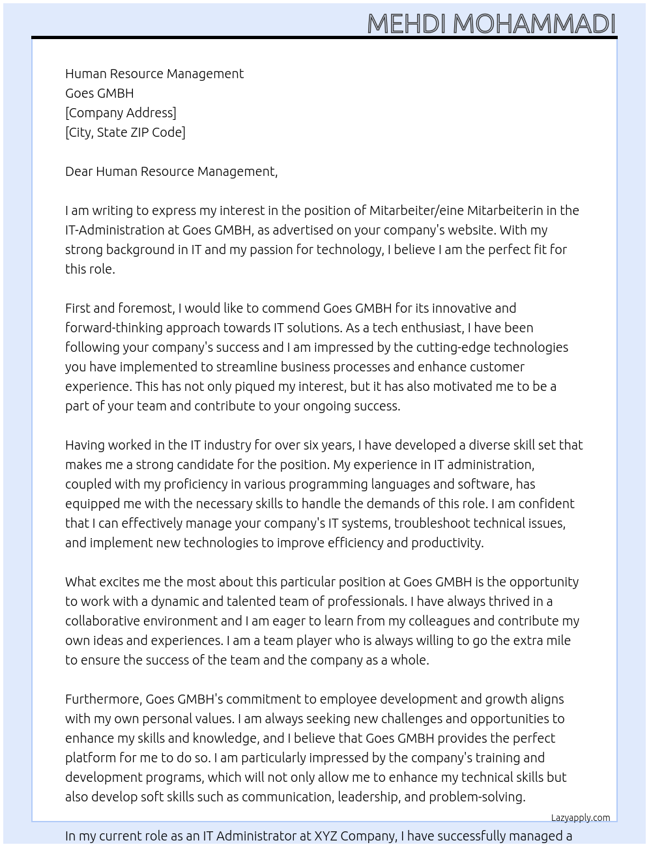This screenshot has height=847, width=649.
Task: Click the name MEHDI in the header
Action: pyautogui.click(x=407, y=24)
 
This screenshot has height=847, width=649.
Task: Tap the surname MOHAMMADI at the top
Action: pyautogui.click(x=534, y=24)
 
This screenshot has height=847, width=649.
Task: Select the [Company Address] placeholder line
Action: pyautogui.click(x=121, y=113)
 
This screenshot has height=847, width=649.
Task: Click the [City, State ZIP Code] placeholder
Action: pyautogui.click(x=125, y=132)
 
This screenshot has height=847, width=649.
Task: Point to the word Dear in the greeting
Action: pyautogui.click(x=79, y=171)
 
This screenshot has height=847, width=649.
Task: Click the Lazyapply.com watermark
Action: pyautogui.click(x=581, y=818)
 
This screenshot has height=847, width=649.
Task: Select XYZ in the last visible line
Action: pyautogui.click(x=326, y=836)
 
